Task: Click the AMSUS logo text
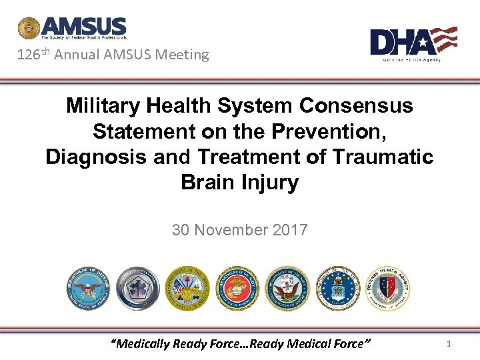point(83,27)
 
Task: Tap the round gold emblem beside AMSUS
point(29,29)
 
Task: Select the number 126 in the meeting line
point(29,55)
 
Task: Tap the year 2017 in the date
point(291,231)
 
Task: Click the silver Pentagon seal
point(138,287)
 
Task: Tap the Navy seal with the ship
point(287,287)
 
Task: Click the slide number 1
point(449,344)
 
